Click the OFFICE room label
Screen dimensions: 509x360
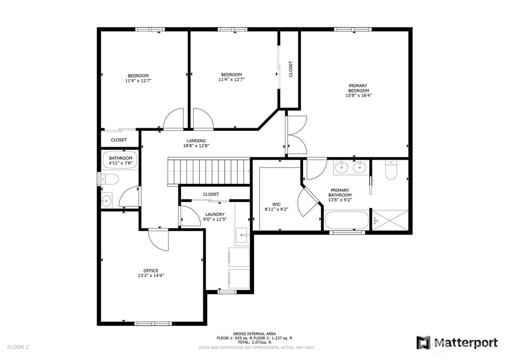[x=151, y=270]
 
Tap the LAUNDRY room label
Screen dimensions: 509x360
[x=215, y=214]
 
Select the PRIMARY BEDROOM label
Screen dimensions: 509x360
[x=358, y=89]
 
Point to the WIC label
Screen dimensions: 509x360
[x=276, y=204]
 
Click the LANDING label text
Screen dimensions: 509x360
[x=196, y=141]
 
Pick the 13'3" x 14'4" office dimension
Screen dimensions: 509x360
[x=151, y=275]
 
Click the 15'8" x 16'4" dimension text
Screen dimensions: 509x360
[x=358, y=95]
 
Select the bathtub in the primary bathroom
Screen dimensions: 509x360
[x=346, y=220]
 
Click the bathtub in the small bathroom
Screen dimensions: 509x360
[x=120, y=160]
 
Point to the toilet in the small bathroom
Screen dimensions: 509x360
[x=109, y=179]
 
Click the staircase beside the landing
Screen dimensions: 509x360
[x=208, y=172]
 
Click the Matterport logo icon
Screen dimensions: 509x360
[x=424, y=343]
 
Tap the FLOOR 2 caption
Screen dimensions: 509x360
[x=18, y=347]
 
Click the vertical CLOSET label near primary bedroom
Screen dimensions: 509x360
[x=290, y=69]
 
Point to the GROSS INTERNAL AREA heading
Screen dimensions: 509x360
[x=254, y=334]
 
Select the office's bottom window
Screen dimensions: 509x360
[x=153, y=323]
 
